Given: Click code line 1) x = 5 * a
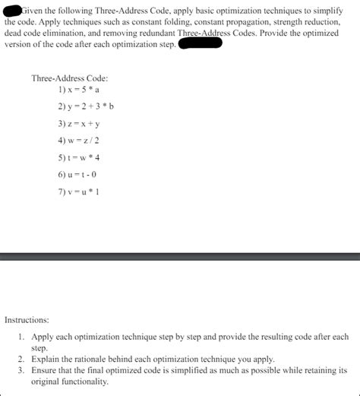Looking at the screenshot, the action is pyautogui.click(x=80, y=89).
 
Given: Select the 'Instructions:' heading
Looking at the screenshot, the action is pyautogui.click(x=27, y=320).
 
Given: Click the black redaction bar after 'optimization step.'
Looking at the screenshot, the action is pyautogui.click(x=200, y=43).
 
